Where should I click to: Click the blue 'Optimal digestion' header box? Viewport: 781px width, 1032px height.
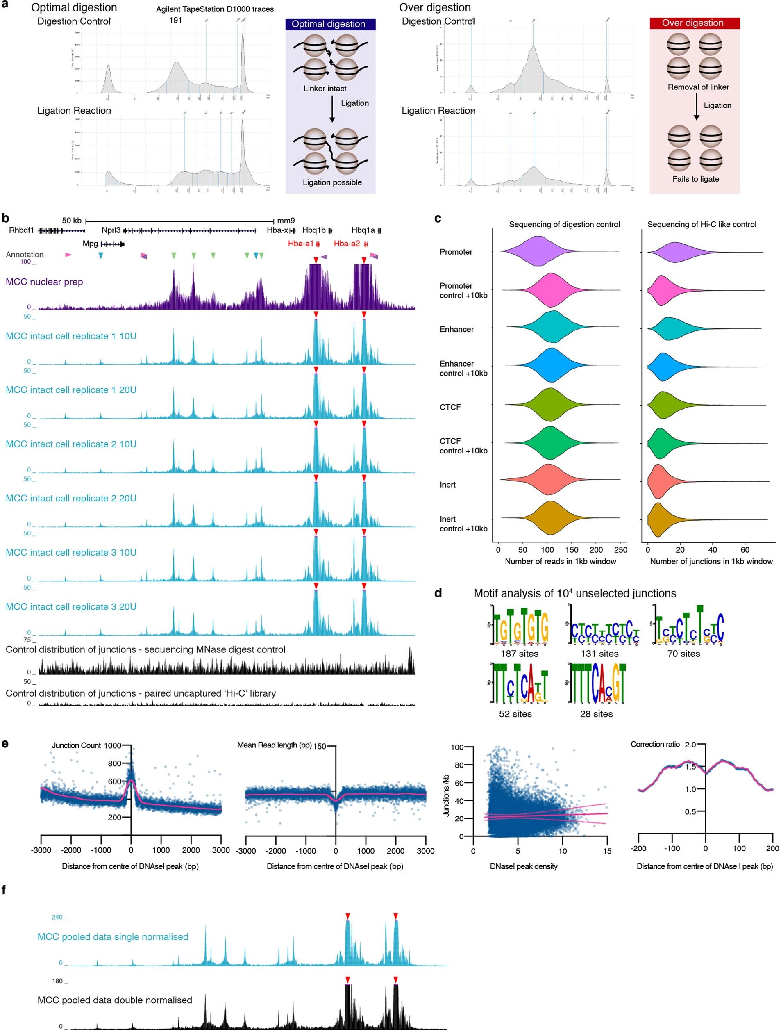tap(330, 24)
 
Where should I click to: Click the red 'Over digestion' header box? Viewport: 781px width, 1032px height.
tap(694, 23)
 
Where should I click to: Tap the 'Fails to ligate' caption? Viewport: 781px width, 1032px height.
tap(695, 179)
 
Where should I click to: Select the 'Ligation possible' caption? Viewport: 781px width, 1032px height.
tap(332, 182)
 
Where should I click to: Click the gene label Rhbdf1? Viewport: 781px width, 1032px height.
tap(21, 230)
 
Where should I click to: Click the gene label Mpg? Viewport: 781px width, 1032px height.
tap(90, 244)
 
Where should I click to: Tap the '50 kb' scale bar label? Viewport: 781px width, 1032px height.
tap(71, 221)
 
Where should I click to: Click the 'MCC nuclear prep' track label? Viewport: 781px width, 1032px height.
tap(44, 282)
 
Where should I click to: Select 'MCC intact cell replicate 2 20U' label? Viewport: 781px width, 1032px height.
tap(71, 498)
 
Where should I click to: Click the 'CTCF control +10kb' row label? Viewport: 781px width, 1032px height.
tap(463, 446)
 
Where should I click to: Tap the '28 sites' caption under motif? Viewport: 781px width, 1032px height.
tap(596, 714)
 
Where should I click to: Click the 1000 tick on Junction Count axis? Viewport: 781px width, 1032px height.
tap(112, 745)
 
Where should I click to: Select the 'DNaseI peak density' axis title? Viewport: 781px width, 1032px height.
tap(523, 866)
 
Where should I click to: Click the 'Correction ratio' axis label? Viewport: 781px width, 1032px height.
tap(655, 745)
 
